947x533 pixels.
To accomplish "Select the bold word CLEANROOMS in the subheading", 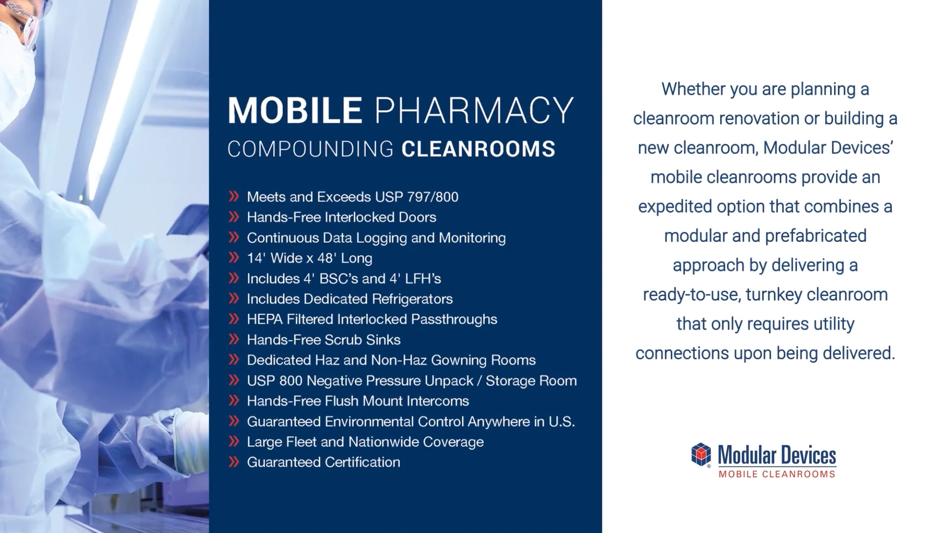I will coord(478,149).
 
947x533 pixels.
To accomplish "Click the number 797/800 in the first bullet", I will coord(433,197).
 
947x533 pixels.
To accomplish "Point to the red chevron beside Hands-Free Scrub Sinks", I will coord(234,340).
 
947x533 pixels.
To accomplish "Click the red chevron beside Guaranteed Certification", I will coord(234,462).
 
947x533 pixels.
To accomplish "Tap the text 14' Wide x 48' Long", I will coord(309,258).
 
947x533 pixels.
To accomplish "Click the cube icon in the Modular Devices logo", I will coord(701,455).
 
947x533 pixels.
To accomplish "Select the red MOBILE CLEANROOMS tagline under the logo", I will coord(777,474).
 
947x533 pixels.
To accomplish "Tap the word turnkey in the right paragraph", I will coord(774,295).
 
